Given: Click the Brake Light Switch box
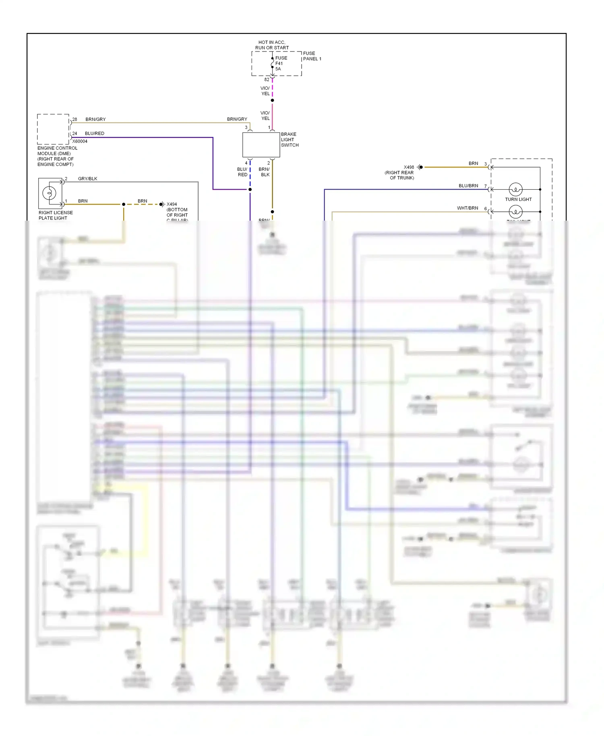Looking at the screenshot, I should [261, 145].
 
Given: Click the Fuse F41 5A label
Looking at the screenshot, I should [281, 63].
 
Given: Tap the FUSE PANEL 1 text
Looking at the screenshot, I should [312, 56].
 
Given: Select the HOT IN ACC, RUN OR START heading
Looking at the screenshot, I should [272, 45].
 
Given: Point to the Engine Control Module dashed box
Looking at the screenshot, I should [53, 129].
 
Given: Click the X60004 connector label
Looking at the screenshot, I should [80, 141].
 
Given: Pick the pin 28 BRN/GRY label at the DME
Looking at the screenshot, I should [95, 119].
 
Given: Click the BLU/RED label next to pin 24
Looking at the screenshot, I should [95, 133].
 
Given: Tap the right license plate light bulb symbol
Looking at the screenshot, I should [50, 193].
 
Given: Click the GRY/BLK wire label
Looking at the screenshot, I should [87, 178].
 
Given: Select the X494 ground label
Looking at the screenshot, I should [172, 204].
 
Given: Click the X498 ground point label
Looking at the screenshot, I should [409, 167].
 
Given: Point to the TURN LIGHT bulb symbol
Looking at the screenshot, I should [515, 189].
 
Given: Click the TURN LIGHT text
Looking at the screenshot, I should [518, 199].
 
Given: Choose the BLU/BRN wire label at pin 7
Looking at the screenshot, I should [468, 186].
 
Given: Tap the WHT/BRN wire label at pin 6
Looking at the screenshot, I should [467, 208].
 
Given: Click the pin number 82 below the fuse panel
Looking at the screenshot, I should [267, 79].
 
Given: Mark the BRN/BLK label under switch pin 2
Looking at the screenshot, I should [265, 172].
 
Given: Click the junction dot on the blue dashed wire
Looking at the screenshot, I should [250, 189].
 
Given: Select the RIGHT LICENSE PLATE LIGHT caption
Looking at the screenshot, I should [56, 215].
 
